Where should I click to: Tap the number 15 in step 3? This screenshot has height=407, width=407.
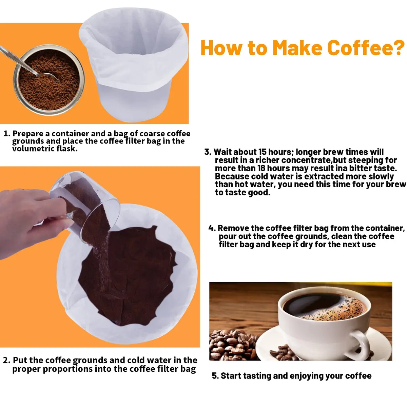tap(262, 152)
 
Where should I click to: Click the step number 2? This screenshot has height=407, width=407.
tap(6, 360)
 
